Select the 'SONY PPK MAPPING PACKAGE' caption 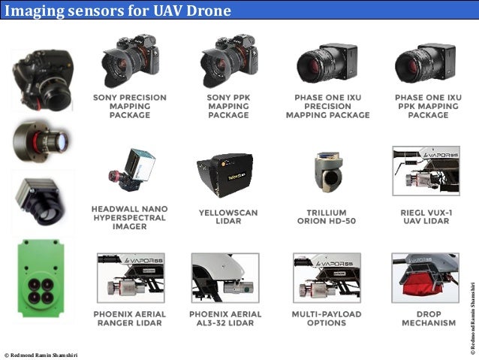(x=228, y=106)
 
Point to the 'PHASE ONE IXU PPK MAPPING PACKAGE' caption (x=427, y=106)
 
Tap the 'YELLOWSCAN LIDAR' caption (x=227, y=217)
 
